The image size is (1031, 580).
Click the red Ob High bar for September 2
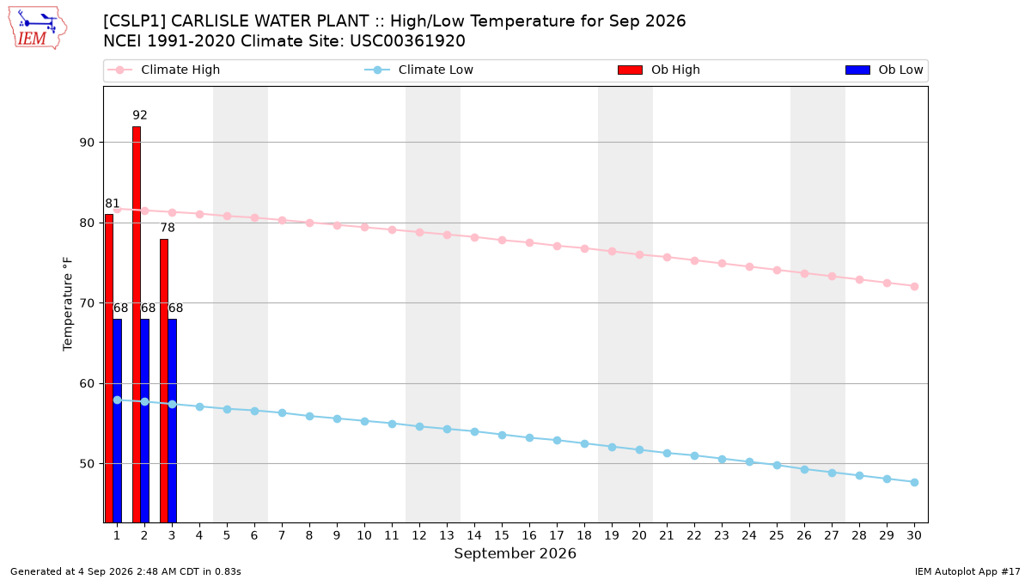pyautogui.click(x=137, y=325)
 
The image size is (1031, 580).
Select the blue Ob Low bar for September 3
pyautogui.click(x=172, y=421)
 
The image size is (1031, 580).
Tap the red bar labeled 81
pyautogui.click(x=109, y=369)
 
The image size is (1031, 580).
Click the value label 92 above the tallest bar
pyautogui.click(x=140, y=115)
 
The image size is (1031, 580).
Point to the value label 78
pyautogui.click(x=168, y=228)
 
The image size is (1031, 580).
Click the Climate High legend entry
pyautogui.click(x=164, y=70)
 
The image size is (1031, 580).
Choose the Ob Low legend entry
pyautogui.click(x=884, y=70)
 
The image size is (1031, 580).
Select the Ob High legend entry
pyautogui.click(x=659, y=70)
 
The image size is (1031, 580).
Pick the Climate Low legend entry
pyautogui.click(x=419, y=70)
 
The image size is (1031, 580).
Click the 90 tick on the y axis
pyautogui.click(x=87, y=143)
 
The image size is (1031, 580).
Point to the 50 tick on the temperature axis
pyautogui.click(x=87, y=464)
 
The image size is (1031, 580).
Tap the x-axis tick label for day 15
pyautogui.click(x=502, y=535)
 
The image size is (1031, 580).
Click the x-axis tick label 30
pyautogui.click(x=914, y=535)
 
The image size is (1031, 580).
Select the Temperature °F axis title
pyautogui.click(x=68, y=304)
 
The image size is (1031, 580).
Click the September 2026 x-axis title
pyautogui.click(x=515, y=553)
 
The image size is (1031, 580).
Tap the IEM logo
pyautogui.click(x=37, y=28)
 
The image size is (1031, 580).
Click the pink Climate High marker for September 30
pyautogui.click(x=914, y=287)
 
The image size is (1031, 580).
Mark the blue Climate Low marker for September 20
pyautogui.click(x=639, y=450)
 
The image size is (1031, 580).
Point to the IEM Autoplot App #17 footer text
pyautogui.click(x=967, y=571)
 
